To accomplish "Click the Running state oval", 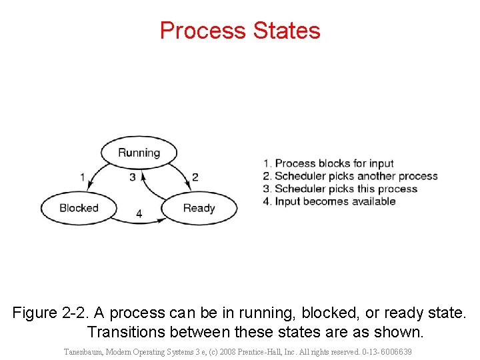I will [x=139, y=153].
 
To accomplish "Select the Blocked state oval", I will [x=79, y=208].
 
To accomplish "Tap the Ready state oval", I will [x=199, y=208].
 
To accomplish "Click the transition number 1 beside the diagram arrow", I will [x=82, y=177].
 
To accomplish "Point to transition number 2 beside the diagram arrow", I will [x=195, y=177].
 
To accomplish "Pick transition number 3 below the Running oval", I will [x=133, y=177].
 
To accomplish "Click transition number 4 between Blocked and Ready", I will [x=139, y=214].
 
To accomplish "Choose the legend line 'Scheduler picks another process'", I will [x=350, y=176].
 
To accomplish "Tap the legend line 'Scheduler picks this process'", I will [x=340, y=189].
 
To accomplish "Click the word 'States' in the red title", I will [x=287, y=31].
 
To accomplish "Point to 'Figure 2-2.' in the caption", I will [x=51, y=313].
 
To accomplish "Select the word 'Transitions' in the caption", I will [x=127, y=331].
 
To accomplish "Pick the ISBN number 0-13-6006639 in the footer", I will [x=386, y=351].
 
